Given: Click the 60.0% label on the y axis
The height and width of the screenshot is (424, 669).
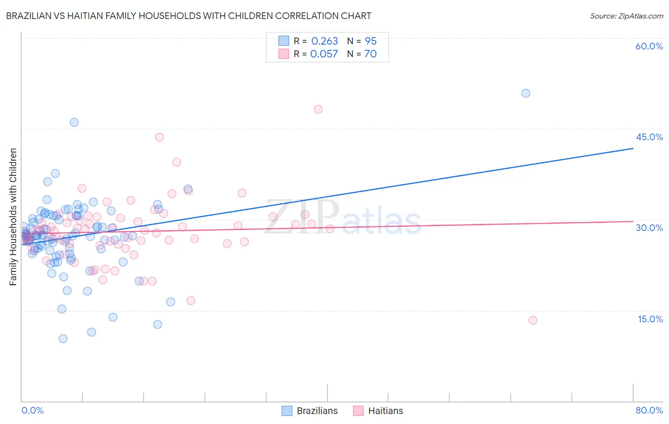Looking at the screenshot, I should pos(649,46).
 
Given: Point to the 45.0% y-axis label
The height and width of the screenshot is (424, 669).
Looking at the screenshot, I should pos(649,137).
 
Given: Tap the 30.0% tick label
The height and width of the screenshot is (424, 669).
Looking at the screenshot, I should pos(649,228).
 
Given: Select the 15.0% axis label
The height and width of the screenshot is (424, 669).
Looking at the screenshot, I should pos(650,319).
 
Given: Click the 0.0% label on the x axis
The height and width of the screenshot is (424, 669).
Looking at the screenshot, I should pos(32,410).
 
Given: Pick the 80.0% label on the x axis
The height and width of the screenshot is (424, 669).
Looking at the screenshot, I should pos(649,410).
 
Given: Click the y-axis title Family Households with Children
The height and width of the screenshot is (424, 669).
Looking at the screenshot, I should pos(13,217).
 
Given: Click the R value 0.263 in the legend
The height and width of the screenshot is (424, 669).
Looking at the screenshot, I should pos(325,41).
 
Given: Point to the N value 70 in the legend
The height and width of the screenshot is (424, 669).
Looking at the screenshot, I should pos(370,54).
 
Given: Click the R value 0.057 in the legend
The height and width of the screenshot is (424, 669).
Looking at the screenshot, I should pos(324,54).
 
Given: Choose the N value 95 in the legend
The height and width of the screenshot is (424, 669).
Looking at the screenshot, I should pos(370,41).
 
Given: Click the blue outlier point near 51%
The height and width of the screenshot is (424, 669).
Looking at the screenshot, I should pos(525,93).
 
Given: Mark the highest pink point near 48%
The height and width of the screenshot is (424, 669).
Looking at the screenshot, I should pos(318,109).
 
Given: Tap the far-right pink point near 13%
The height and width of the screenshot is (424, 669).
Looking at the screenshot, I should pos(532,320).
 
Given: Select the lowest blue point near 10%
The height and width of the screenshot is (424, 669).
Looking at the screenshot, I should pos(63,339).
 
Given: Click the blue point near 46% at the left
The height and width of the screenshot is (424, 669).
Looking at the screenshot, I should pos(74,122).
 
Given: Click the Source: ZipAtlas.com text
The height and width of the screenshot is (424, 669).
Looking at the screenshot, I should pos(626,16).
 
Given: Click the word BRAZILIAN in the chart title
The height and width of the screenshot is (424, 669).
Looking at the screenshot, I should pos(29,16).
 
